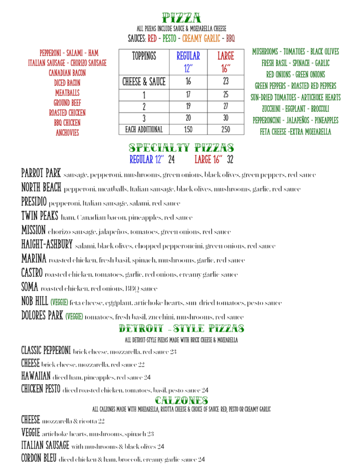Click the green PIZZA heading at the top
(181, 19)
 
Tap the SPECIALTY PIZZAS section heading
(181, 148)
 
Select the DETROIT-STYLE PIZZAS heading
(181, 329)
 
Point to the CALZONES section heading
(181, 400)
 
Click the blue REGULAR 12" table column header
(188, 60)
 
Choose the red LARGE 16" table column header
(225, 60)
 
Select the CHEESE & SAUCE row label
(144, 81)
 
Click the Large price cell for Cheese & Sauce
(225, 81)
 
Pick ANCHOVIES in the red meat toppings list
(67, 133)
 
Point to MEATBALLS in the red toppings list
(67, 93)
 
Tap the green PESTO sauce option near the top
(169, 38)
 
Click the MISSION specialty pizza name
(33, 231)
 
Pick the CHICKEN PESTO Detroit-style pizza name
(40, 389)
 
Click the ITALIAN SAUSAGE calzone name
(45, 446)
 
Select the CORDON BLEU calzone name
(39, 459)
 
